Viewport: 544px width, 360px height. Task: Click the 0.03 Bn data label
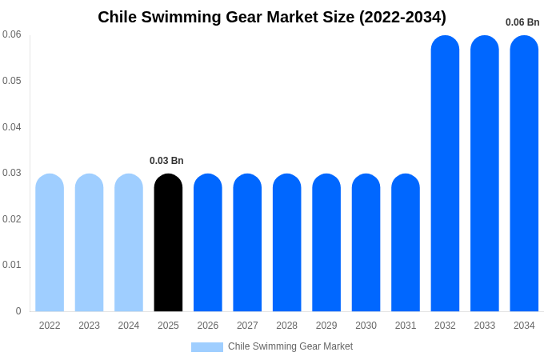(x=166, y=161)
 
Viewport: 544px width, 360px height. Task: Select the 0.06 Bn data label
(x=522, y=22)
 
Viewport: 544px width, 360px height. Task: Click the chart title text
(x=272, y=17)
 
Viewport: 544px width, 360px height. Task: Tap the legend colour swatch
(x=206, y=347)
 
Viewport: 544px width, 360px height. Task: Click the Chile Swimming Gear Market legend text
(x=290, y=346)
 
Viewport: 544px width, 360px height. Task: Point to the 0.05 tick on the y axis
(x=12, y=81)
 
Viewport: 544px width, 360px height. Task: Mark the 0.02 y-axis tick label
(x=12, y=219)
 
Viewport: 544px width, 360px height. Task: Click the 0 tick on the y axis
(x=18, y=311)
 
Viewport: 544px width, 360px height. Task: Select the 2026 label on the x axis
(x=208, y=326)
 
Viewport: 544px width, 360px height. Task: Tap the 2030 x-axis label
(x=366, y=326)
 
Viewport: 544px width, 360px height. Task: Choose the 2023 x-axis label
(x=89, y=326)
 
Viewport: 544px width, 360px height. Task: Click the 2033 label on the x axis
(x=485, y=326)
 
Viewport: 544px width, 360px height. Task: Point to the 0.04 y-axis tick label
(x=12, y=127)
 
